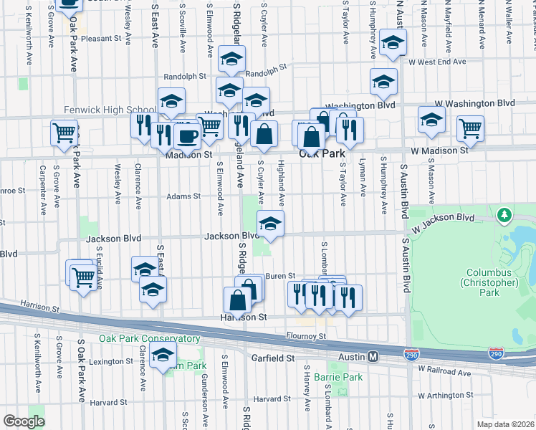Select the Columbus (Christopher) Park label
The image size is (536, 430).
[x=491, y=278]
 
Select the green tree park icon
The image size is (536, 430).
[x=505, y=215]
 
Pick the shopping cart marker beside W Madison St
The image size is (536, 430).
[x=470, y=128]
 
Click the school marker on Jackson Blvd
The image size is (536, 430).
[x=269, y=224]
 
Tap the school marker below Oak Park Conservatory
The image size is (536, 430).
[x=163, y=355]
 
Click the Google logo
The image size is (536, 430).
[x=24, y=421]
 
